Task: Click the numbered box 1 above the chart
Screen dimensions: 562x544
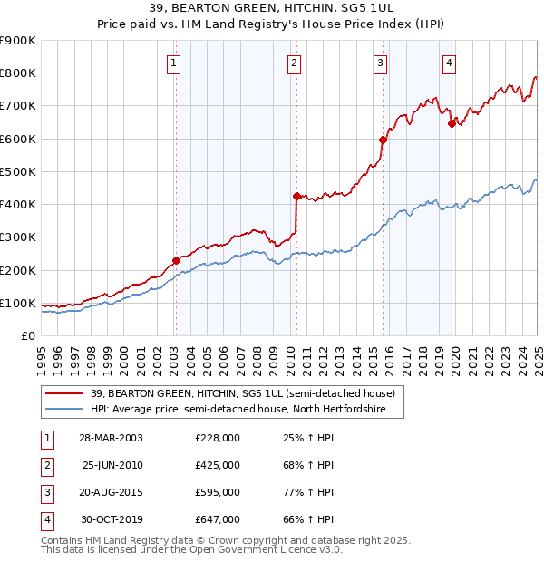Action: [x=173, y=63]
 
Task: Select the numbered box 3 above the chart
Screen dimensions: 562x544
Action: [x=380, y=63]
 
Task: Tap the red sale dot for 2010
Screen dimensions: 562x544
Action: [x=296, y=196]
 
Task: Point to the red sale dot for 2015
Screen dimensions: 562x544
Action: [x=383, y=140]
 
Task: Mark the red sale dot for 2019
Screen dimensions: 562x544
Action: [x=452, y=123]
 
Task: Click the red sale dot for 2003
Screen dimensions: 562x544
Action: [x=176, y=260]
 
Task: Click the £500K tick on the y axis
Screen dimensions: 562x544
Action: [x=18, y=171]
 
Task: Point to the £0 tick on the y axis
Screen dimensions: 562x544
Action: [x=27, y=335]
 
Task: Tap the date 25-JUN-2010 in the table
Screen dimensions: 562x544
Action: [x=112, y=465]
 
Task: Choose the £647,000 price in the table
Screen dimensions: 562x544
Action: [x=218, y=519]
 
